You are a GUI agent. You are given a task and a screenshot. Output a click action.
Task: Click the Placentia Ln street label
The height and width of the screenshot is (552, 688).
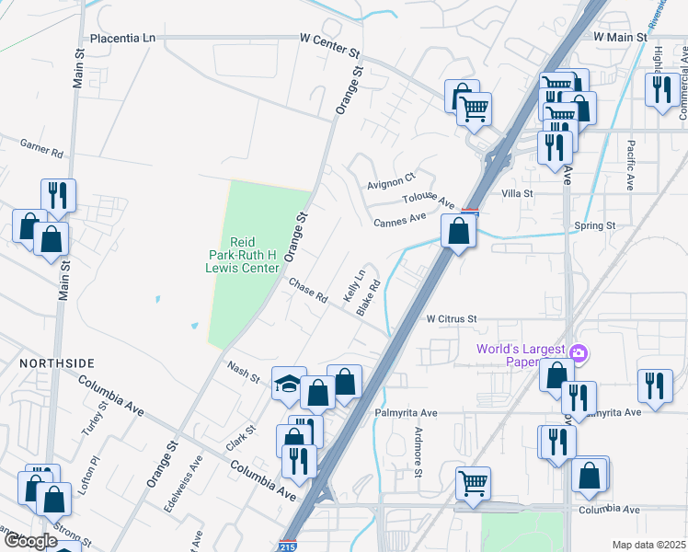coord(122,39)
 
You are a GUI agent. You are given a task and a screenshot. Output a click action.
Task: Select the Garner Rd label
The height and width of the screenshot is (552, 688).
coord(41,145)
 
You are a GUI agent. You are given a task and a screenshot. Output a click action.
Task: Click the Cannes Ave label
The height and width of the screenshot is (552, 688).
coord(399,220)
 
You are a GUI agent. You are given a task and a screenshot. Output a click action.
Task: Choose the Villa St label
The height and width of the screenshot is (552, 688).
coord(517,193)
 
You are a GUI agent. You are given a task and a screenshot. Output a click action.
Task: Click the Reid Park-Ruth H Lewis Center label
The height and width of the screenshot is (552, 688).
coord(242,254)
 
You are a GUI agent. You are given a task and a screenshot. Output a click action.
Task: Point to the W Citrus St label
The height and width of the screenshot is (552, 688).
coord(451,318)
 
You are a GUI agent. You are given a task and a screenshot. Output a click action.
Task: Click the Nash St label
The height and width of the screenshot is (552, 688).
coord(244,372)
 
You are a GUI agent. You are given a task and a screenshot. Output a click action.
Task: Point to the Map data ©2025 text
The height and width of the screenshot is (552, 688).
coord(648,545)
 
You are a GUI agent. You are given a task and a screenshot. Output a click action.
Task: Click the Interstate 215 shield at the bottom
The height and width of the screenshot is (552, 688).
coord(287,546)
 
